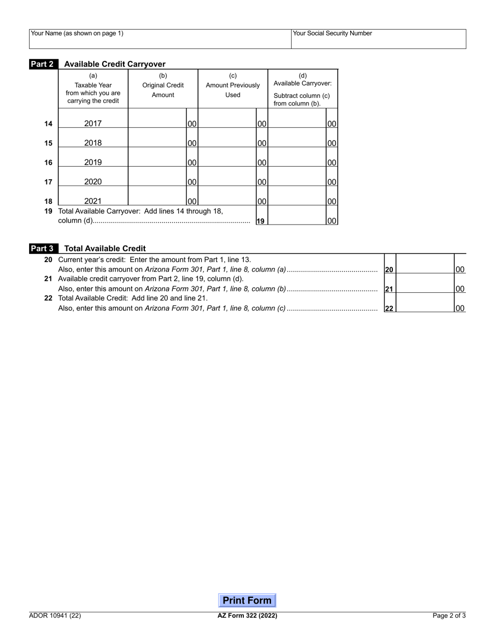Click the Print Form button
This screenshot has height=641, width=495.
247,600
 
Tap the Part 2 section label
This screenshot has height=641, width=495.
44,64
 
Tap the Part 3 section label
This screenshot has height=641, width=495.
44,249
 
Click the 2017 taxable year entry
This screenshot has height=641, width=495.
93,124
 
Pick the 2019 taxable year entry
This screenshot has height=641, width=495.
93,162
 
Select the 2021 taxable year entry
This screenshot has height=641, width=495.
93,201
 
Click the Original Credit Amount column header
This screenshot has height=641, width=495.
163,85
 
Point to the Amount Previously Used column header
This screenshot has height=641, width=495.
233,85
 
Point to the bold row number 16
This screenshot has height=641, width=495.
48,163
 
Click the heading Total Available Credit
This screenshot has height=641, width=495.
105,249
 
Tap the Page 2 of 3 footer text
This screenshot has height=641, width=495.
449,615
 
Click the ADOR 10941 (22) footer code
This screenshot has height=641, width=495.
55,615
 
